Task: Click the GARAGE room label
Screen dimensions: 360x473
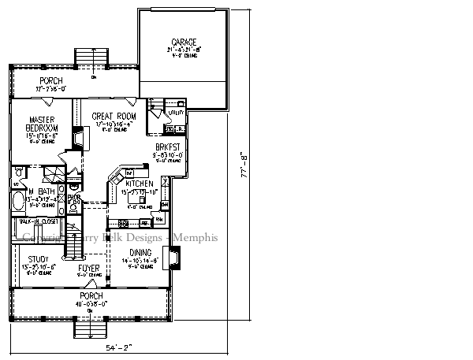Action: click(x=184, y=42)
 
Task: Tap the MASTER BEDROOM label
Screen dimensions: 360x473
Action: click(x=32, y=124)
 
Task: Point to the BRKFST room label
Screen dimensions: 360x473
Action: click(x=166, y=147)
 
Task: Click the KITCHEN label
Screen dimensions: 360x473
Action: click(x=139, y=184)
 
